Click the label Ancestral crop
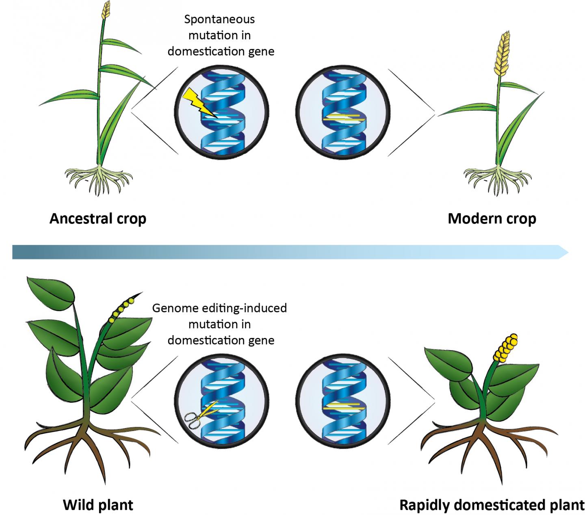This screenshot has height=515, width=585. click(x=98, y=219)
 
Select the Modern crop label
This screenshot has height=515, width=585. click(x=492, y=219)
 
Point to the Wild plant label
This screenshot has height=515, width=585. click(x=98, y=493)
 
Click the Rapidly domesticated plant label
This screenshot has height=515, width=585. click(x=492, y=493)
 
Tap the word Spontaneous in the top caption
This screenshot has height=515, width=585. click(x=219, y=19)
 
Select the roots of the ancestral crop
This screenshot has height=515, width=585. click(x=99, y=179)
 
